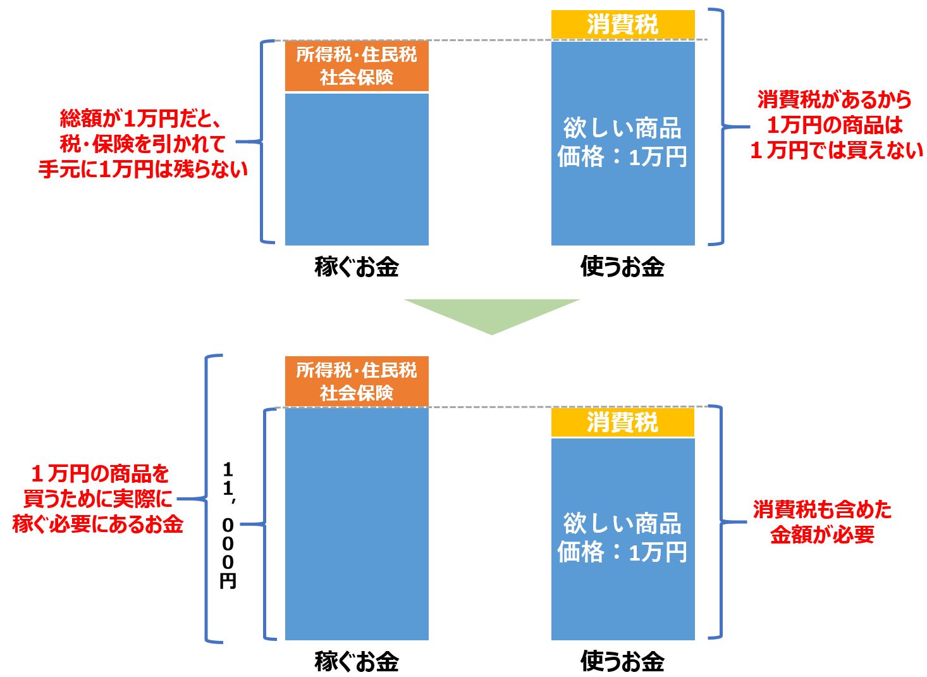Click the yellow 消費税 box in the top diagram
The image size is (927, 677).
pos(623,25)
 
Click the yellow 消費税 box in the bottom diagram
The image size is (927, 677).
pos(623,422)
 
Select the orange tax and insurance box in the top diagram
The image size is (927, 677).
pos(357,66)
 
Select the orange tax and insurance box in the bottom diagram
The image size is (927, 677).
pos(357,381)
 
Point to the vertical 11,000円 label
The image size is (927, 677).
pos(228,525)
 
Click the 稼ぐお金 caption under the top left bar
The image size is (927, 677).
pos(357,266)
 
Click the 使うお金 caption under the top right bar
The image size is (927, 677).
pos(623,266)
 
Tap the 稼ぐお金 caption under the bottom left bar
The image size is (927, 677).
pos(357,661)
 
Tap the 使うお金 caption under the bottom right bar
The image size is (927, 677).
pos(623,661)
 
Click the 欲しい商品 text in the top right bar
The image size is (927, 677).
pos(623,128)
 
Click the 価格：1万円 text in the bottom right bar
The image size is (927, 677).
pos(623,552)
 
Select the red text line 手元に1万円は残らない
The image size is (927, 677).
pos(143,169)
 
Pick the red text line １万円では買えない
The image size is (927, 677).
pos(836,150)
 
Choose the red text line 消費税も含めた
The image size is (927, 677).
pos(822,509)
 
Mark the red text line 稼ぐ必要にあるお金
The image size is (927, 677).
pos(98,524)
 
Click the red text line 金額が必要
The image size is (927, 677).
pos(822,535)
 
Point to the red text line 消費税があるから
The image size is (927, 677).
pos(835,99)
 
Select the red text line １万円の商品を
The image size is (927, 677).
pos(100,473)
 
